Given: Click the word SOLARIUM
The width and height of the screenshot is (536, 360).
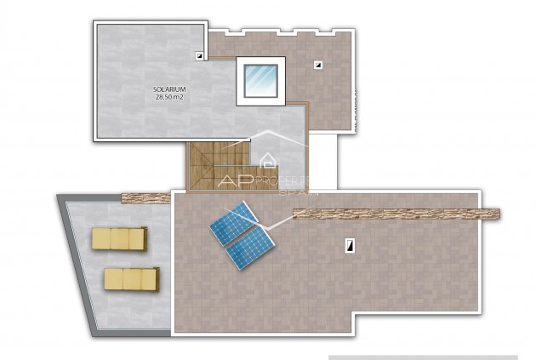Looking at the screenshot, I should (170, 89).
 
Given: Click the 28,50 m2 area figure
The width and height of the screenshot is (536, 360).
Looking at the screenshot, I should (170, 97).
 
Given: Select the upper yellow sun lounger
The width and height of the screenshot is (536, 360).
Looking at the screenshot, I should (119, 237).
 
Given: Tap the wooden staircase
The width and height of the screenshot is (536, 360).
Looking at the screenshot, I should (217, 166).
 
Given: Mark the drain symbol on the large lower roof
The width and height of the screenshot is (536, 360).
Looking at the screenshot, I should (349, 245).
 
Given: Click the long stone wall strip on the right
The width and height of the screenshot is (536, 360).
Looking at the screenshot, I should (396, 214).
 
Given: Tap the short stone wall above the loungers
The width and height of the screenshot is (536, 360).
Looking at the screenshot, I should (146, 197).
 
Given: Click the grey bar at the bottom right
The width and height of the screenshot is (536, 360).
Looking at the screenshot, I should (423, 357).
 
